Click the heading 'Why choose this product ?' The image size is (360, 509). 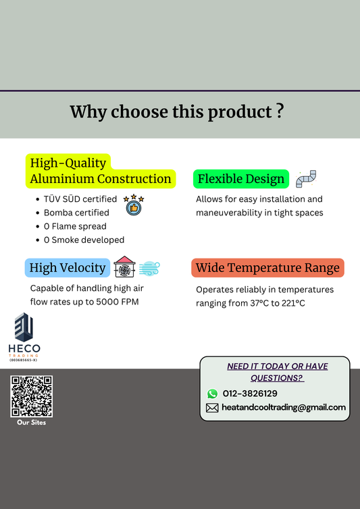click(176, 111)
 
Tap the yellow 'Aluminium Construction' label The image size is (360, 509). click(101, 179)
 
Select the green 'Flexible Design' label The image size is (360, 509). click(241, 179)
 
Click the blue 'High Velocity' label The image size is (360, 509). click(68, 268)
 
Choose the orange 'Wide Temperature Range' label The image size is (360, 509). click(267, 268)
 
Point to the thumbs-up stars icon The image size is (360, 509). click(134, 204)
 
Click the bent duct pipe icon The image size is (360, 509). click(306, 179)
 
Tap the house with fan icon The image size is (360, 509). click(124, 267)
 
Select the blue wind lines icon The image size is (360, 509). click(149, 268)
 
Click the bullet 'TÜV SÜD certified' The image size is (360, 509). click(80, 200)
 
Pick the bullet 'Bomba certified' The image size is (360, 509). click(76, 213)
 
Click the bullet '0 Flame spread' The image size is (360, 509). click(75, 226)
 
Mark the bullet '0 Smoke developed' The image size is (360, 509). click(84, 240)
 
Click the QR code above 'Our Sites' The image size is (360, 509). click(31, 396)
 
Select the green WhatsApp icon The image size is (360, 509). click(212, 394)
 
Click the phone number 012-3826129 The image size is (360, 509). click(250, 394)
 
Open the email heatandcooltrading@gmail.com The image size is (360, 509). click(284, 408)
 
